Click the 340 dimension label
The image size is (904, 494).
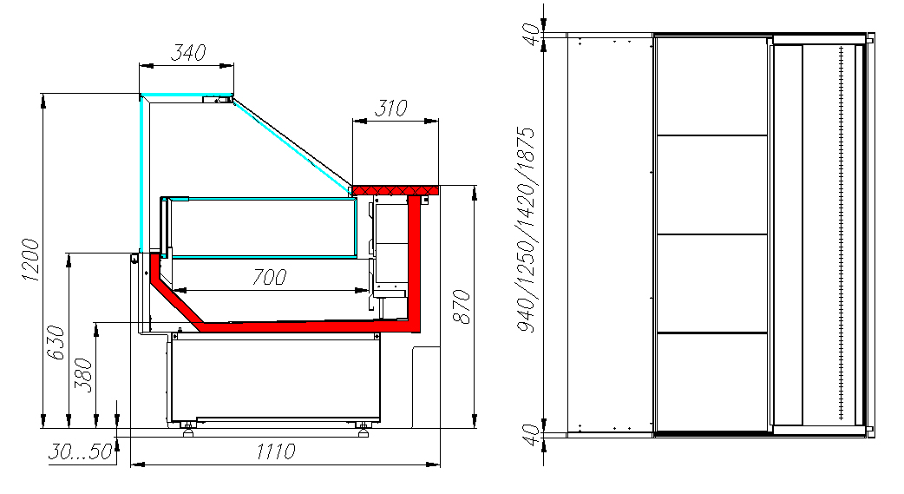pyautogui.click(x=188, y=52)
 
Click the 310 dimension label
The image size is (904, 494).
pyautogui.click(x=390, y=108)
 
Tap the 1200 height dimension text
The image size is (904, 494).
pyautogui.click(x=30, y=260)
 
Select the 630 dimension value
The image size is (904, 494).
pyautogui.click(x=56, y=342)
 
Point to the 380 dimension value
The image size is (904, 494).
pyautogui.click(x=84, y=375)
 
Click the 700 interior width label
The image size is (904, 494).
pyautogui.click(x=269, y=277)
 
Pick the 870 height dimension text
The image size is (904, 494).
pyautogui.click(x=462, y=307)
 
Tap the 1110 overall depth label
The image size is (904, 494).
pyautogui.click(x=276, y=451)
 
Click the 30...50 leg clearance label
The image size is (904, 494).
pyautogui.click(x=80, y=451)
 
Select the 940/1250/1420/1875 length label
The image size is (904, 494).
pyautogui.click(x=526, y=230)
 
